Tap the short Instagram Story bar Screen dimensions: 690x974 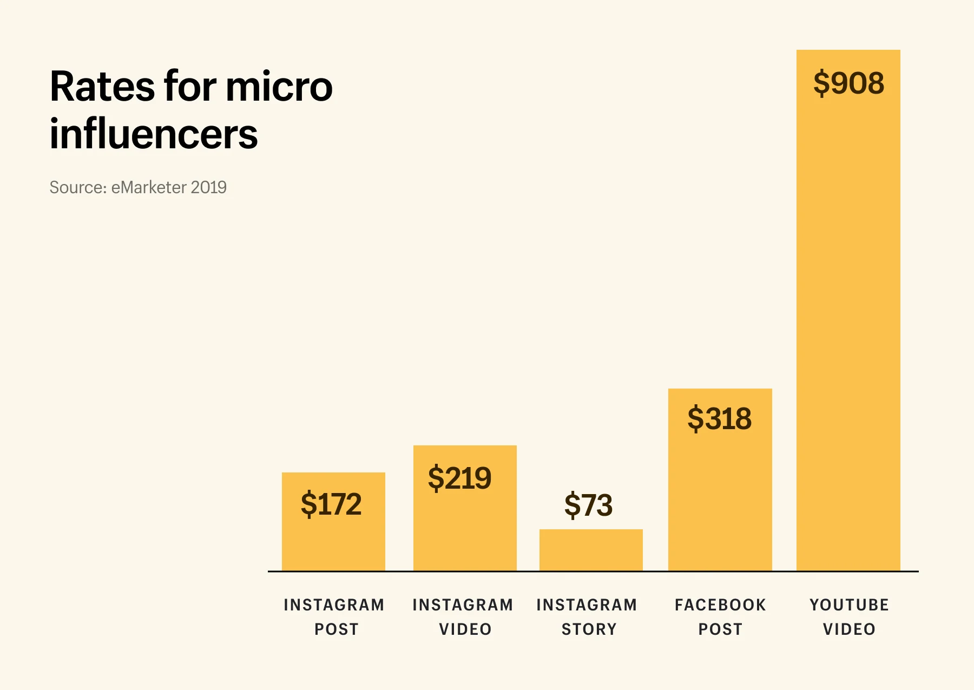point(591,550)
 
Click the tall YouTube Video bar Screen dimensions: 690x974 point(848,325)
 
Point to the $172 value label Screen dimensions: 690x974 point(331,504)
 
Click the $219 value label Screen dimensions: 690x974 point(459,478)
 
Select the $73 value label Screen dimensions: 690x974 point(588,505)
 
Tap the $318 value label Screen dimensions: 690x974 point(719,418)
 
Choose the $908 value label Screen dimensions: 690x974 point(848,83)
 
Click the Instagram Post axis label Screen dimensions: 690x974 point(334,616)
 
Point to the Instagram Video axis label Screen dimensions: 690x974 point(463,616)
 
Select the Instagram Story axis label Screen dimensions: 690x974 point(587,616)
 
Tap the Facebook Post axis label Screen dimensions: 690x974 point(720,616)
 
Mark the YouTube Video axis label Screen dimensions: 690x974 point(849,616)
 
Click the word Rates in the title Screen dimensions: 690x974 point(102,87)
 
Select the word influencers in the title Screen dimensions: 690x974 point(154,134)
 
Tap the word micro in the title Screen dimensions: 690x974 point(279,87)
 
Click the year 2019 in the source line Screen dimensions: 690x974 point(209,187)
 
